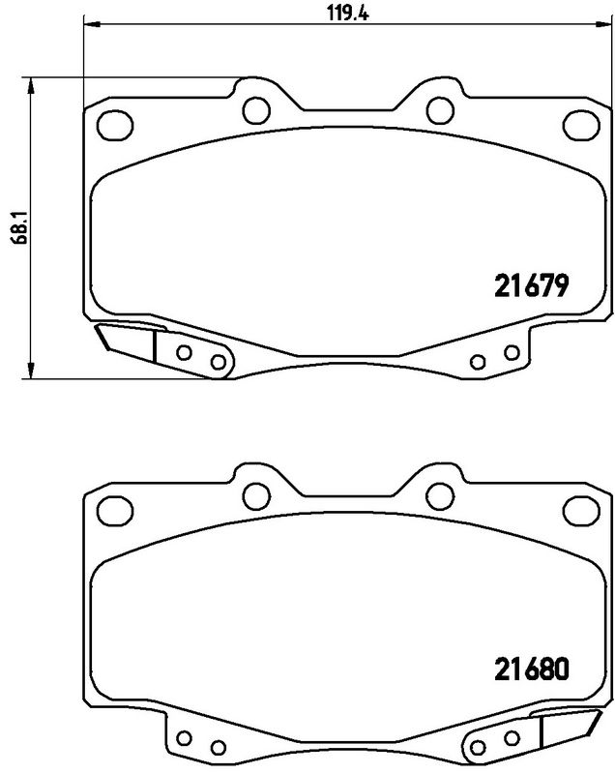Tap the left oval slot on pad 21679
[117, 124]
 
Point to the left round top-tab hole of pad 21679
[255, 109]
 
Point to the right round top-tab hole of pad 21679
[440, 109]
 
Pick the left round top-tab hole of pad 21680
[255, 494]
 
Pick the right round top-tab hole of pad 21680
[440, 494]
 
